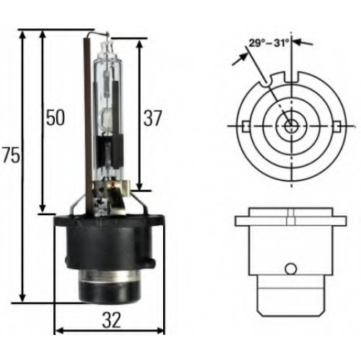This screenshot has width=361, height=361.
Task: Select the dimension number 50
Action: coord(56,118)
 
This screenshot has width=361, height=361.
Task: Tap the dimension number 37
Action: coord(152,118)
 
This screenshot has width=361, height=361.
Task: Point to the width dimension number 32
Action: coord(111,321)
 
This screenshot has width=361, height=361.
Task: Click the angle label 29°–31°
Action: coord(269,43)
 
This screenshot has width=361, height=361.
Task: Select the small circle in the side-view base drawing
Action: coord(290,269)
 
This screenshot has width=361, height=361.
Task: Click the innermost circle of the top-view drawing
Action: coord(291,126)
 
